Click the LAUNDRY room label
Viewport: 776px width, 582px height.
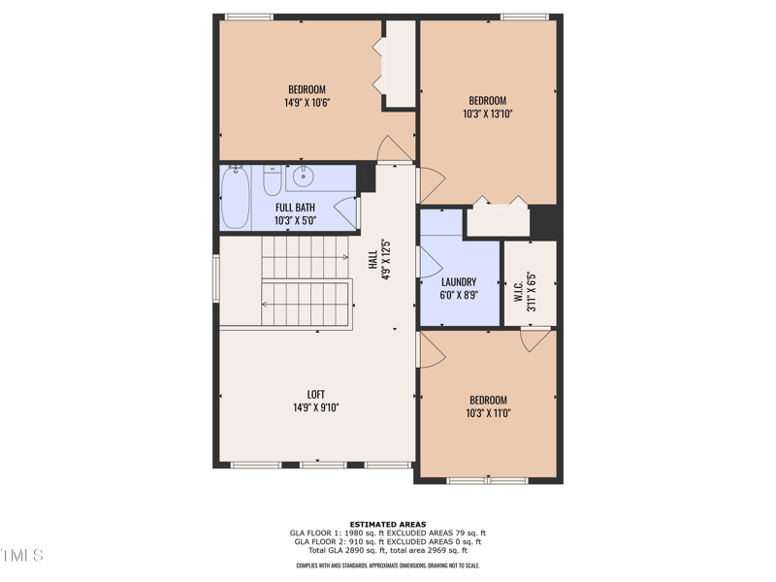(x=459, y=282)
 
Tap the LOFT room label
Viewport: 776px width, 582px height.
(x=316, y=394)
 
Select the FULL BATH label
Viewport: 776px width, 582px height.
(x=295, y=208)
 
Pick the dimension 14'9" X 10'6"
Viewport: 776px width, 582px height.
(x=307, y=102)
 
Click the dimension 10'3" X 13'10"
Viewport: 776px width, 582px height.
(x=487, y=113)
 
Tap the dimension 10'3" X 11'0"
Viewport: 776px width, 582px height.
(x=487, y=413)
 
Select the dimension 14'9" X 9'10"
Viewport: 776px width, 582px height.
(x=316, y=408)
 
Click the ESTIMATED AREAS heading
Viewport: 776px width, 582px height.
(x=388, y=525)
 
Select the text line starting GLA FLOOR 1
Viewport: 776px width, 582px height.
(x=388, y=533)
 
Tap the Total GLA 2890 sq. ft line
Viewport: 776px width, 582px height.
(x=388, y=550)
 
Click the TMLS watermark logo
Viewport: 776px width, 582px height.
(x=22, y=556)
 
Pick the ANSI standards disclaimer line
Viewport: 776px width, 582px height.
(x=388, y=566)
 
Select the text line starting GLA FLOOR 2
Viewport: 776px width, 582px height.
(x=388, y=541)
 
